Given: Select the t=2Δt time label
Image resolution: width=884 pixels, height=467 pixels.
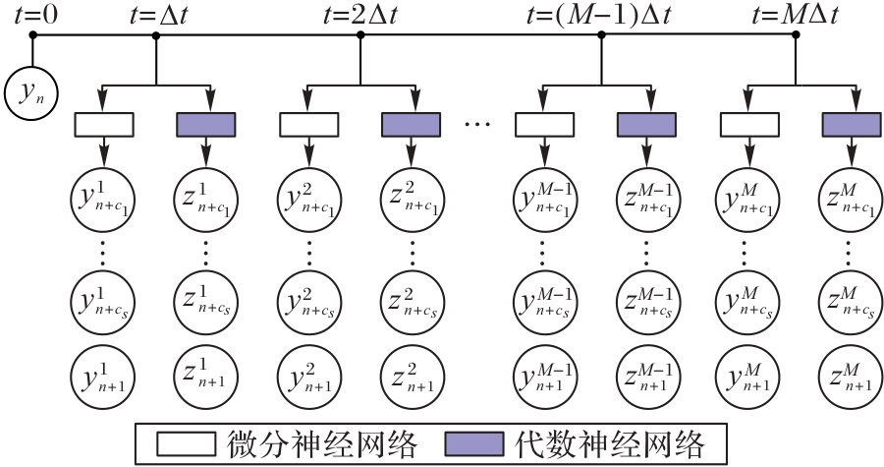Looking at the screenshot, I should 360,15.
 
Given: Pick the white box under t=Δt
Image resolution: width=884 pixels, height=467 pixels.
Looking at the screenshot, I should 104,124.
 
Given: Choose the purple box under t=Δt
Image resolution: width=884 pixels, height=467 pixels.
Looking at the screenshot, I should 205,124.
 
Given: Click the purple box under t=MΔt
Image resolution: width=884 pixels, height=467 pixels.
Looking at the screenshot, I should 851,124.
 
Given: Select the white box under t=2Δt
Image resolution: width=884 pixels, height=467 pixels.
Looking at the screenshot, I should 309,124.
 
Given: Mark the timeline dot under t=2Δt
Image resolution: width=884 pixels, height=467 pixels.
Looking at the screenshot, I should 360,34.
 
